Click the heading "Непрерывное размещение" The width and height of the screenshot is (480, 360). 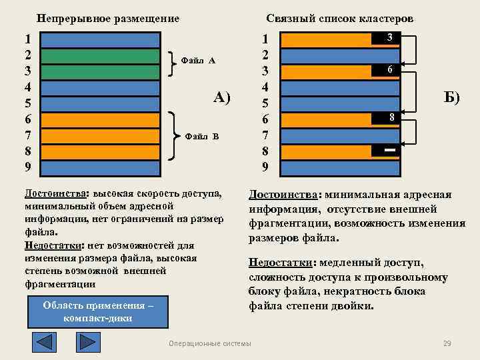coord(108,19)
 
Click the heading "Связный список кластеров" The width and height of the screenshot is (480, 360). coord(339,19)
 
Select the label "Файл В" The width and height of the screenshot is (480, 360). coord(201,136)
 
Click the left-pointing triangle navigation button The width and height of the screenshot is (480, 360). coord(44,342)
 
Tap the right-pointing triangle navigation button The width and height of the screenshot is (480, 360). coord(88,342)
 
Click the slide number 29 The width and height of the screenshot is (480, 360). coord(447,343)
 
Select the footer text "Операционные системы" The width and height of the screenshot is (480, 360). coord(211,343)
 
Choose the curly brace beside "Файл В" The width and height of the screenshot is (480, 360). coord(177,136)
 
